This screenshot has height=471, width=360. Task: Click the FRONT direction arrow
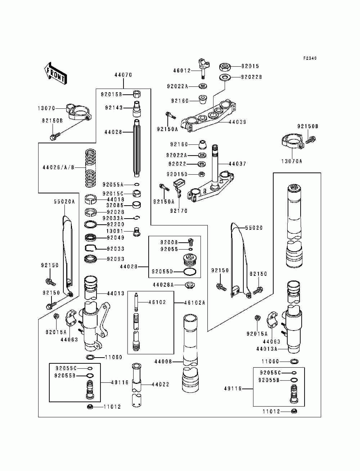coord(55,73)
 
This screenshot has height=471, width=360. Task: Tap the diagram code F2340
coord(310,58)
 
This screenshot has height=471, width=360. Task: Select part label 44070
coord(123,75)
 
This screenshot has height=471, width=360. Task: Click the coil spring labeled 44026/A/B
coord(90,168)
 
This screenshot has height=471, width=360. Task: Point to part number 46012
coord(182,71)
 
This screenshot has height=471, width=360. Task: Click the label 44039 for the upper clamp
coord(238,122)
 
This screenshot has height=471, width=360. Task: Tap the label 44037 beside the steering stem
coord(237,164)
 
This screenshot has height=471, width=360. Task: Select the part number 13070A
coord(292,161)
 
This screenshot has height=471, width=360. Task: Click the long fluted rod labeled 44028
coord(137,148)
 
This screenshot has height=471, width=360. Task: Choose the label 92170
coord(179,211)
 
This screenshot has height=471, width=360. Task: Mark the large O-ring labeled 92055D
coord(190,272)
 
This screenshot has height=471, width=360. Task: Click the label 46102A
coord(195,302)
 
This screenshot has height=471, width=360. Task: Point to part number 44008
coord(163,362)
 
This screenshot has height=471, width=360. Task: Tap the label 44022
coord(160,384)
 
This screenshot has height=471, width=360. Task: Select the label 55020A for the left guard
coord(64,202)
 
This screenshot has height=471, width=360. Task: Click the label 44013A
coord(267,349)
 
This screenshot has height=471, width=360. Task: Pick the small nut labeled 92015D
coord(202,174)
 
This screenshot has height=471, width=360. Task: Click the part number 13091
coord(115,231)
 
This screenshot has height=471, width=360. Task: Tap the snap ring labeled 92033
coord(90,248)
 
